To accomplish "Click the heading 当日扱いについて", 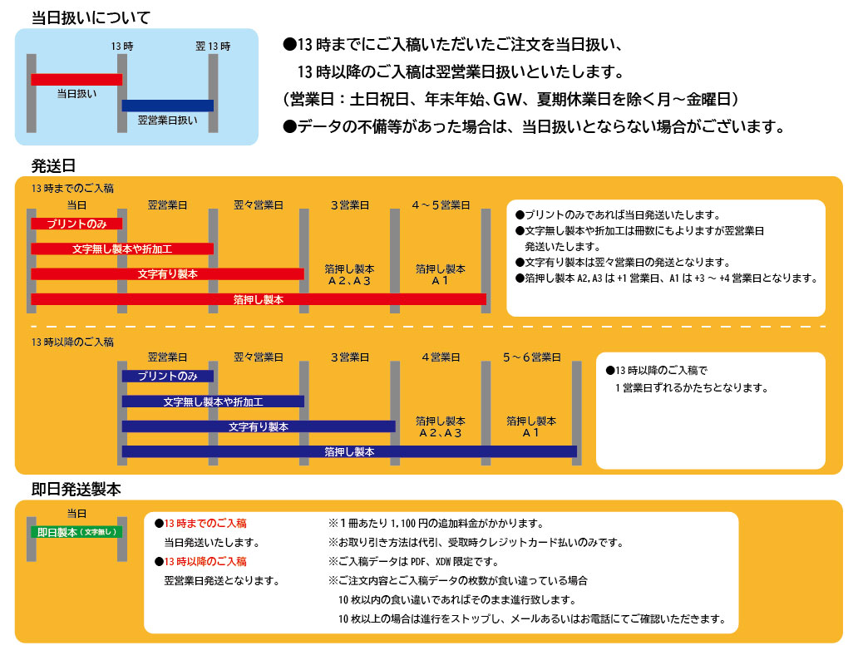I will pyautogui.click(x=91, y=17).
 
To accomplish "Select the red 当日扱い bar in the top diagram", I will pyautogui.click(x=76, y=79).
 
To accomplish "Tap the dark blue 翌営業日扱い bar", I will pyautogui.click(x=167, y=106).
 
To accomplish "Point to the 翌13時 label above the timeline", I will pyautogui.click(x=213, y=46).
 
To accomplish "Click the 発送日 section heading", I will pyautogui.click(x=54, y=165).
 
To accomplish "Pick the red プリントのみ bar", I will pyautogui.click(x=76, y=224).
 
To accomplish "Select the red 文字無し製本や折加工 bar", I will pyautogui.click(x=122, y=249).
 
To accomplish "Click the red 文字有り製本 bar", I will pyautogui.click(x=167, y=273).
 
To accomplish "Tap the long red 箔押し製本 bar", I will pyautogui.click(x=258, y=298).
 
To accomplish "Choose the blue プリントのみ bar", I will pyautogui.click(x=167, y=376).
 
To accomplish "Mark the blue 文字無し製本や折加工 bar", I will pyautogui.click(x=213, y=401).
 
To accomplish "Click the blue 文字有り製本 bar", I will pyautogui.click(x=258, y=426).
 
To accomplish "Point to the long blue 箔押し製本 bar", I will pyautogui.click(x=349, y=451).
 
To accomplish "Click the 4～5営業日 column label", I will pyautogui.click(x=441, y=204).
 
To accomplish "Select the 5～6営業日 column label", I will pyautogui.click(x=531, y=357).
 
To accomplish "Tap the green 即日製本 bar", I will pyautogui.click(x=76, y=532).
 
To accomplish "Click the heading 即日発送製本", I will pyautogui.click(x=76, y=490).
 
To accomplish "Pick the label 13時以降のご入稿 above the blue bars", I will pyautogui.click(x=72, y=342).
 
